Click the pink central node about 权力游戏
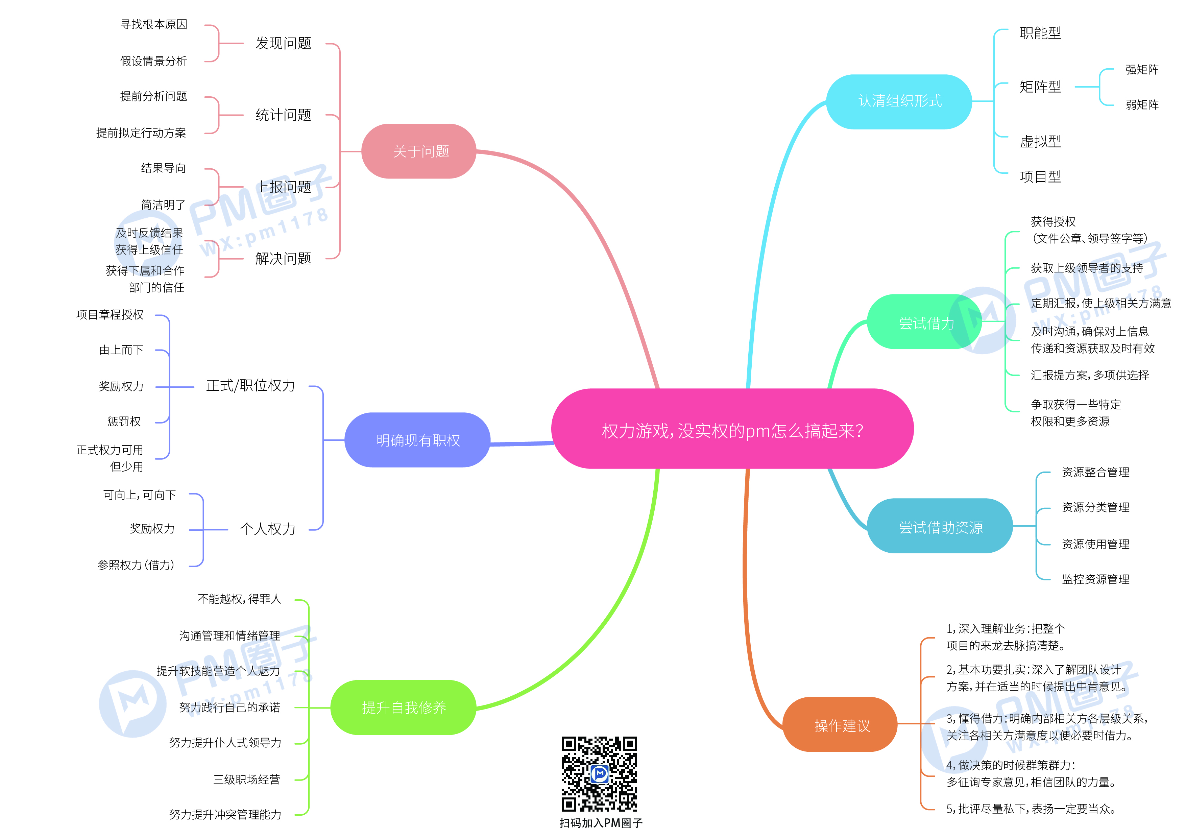click(x=732, y=429)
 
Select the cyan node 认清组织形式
click(x=899, y=101)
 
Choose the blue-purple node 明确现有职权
click(x=417, y=440)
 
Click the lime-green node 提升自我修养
click(x=404, y=707)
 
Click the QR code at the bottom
click(x=599, y=773)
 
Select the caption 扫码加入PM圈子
click(x=600, y=823)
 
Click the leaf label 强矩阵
click(x=1142, y=70)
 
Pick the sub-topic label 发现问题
click(x=283, y=43)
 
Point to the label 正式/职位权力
click(x=250, y=385)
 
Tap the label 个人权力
click(x=268, y=529)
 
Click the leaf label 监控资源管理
click(x=1095, y=579)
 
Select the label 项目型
click(x=1040, y=177)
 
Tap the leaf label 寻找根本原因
click(x=153, y=24)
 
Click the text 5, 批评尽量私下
click(x=1031, y=809)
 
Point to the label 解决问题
click(x=283, y=258)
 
